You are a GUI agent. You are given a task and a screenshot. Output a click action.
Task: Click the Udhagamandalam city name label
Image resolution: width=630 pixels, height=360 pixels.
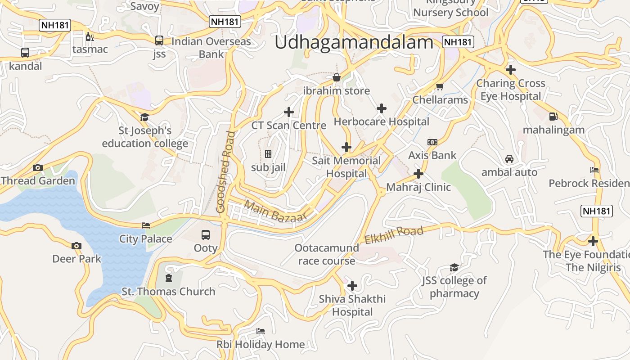tap(354, 42)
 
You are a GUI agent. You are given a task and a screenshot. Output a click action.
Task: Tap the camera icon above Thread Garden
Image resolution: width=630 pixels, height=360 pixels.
tap(38, 168)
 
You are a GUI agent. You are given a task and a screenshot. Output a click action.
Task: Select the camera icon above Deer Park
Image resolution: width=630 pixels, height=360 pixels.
tap(76, 246)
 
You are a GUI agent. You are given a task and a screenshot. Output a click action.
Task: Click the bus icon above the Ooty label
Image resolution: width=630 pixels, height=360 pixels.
tap(206, 235)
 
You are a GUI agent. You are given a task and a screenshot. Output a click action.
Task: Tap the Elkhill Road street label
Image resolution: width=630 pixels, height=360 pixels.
tap(394, 235)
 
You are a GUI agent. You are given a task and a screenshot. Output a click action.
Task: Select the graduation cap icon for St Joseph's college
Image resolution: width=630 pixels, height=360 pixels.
tap(144, 117)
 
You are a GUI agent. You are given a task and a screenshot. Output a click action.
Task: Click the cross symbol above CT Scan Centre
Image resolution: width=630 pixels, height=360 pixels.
tap(289, 112)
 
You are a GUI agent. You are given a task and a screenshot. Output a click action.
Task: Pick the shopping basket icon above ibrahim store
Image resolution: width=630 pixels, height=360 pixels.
tap(336, 77)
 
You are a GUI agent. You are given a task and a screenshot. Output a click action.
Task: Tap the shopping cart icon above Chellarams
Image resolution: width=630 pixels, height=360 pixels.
tap(440, 86)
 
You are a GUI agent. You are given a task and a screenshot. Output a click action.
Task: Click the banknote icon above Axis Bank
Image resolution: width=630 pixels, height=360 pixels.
tap(432, 142)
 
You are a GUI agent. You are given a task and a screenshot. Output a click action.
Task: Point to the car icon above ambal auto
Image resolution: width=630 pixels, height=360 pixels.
tap(509, 159)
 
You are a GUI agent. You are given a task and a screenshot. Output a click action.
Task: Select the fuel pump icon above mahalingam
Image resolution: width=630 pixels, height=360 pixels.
tap(553, 117)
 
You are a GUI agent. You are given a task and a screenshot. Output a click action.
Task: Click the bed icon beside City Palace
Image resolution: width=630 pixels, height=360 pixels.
tap(146, 225)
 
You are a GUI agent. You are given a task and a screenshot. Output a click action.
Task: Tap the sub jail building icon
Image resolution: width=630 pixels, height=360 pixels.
tap(268, 154)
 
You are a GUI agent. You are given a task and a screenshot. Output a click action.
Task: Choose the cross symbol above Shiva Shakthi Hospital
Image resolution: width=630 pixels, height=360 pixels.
tap(352, 286)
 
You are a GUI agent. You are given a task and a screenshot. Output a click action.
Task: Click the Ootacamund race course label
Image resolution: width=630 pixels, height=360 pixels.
tap(327, 254)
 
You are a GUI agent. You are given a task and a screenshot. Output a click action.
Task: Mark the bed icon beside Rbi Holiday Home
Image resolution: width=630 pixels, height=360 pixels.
tap(260, 331)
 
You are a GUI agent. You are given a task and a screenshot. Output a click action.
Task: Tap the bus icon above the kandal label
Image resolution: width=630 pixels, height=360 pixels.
tap(25, 53)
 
